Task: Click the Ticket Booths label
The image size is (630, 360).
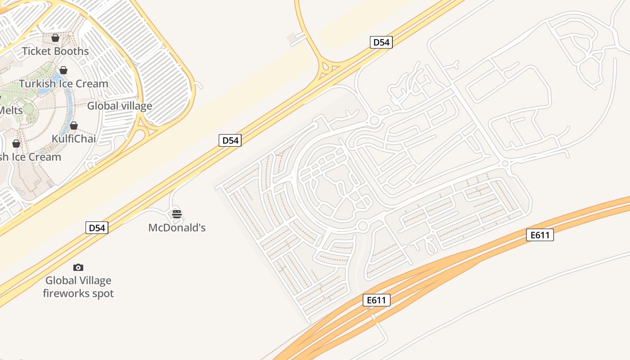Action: [x=55, y=51]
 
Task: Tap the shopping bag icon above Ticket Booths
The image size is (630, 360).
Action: [x=55, y=38]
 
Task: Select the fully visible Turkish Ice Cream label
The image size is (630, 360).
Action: [x=63, y=84]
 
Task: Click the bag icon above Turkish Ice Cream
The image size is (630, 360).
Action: [x=63, y=70]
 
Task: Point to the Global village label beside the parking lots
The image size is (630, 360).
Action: [x=120, y=106]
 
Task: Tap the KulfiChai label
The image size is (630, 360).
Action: [x=74, y=139]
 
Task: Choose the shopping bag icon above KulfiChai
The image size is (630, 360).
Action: [x=74, y=126]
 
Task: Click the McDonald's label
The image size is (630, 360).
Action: [x=177, y=228]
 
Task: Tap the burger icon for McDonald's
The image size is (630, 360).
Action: [x=177, y=214]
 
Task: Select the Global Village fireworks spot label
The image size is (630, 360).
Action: [x=78, y=287]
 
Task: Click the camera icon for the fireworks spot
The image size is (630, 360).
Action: [x=78, y=268]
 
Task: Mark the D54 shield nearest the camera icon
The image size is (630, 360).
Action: [x=97, y=228]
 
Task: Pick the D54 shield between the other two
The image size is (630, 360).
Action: [x=230, y=140]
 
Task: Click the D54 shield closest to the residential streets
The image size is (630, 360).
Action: [x=381, y=42]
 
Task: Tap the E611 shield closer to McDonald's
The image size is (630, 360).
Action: [x=376, y=300]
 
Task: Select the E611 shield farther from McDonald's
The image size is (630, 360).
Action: [x=540, y=235]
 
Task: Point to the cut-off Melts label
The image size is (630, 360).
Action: [x=11, y=110]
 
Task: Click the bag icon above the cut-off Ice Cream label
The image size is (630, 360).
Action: [x=16, y=144]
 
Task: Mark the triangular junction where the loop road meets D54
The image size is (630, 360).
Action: [x=330, y=68]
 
